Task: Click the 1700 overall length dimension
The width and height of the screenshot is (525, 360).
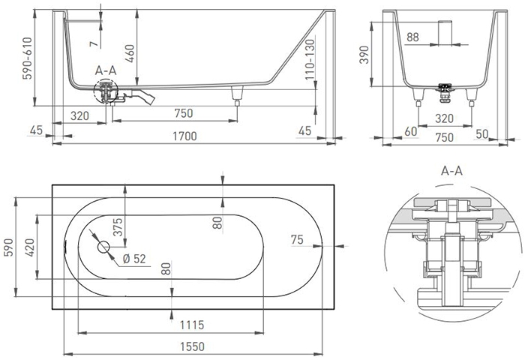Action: pos(184,136)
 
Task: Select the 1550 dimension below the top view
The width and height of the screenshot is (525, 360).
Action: pos(192,346)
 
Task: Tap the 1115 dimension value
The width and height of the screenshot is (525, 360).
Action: pos(192,325)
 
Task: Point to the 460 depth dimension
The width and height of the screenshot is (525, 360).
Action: pos(129,53)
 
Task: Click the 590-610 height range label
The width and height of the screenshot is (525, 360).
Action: pos(27,58)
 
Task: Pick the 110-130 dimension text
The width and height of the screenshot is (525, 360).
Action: pos(310,59)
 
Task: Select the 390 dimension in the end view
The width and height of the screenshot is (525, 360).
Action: pos(364,55)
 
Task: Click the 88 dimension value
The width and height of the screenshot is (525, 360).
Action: pos(412,37)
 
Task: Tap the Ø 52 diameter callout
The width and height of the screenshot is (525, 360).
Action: pos(134,259)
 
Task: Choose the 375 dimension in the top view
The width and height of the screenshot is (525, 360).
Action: pos(118,227)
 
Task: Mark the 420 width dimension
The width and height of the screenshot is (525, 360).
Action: pos(31,247)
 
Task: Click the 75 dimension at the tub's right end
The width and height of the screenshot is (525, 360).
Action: pos(297,240)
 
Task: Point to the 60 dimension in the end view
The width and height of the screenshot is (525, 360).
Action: pos(411,131)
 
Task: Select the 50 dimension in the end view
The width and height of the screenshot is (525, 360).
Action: pos(482,134)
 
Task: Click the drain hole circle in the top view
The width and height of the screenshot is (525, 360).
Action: pos(103,247)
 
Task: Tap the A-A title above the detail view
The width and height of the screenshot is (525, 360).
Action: pos(451,171)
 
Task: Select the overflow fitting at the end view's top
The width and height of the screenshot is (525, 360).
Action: pos(445,33)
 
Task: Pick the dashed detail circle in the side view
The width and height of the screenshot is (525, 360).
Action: pos(106,91)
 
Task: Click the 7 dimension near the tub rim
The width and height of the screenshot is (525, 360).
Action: pos(94,43)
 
